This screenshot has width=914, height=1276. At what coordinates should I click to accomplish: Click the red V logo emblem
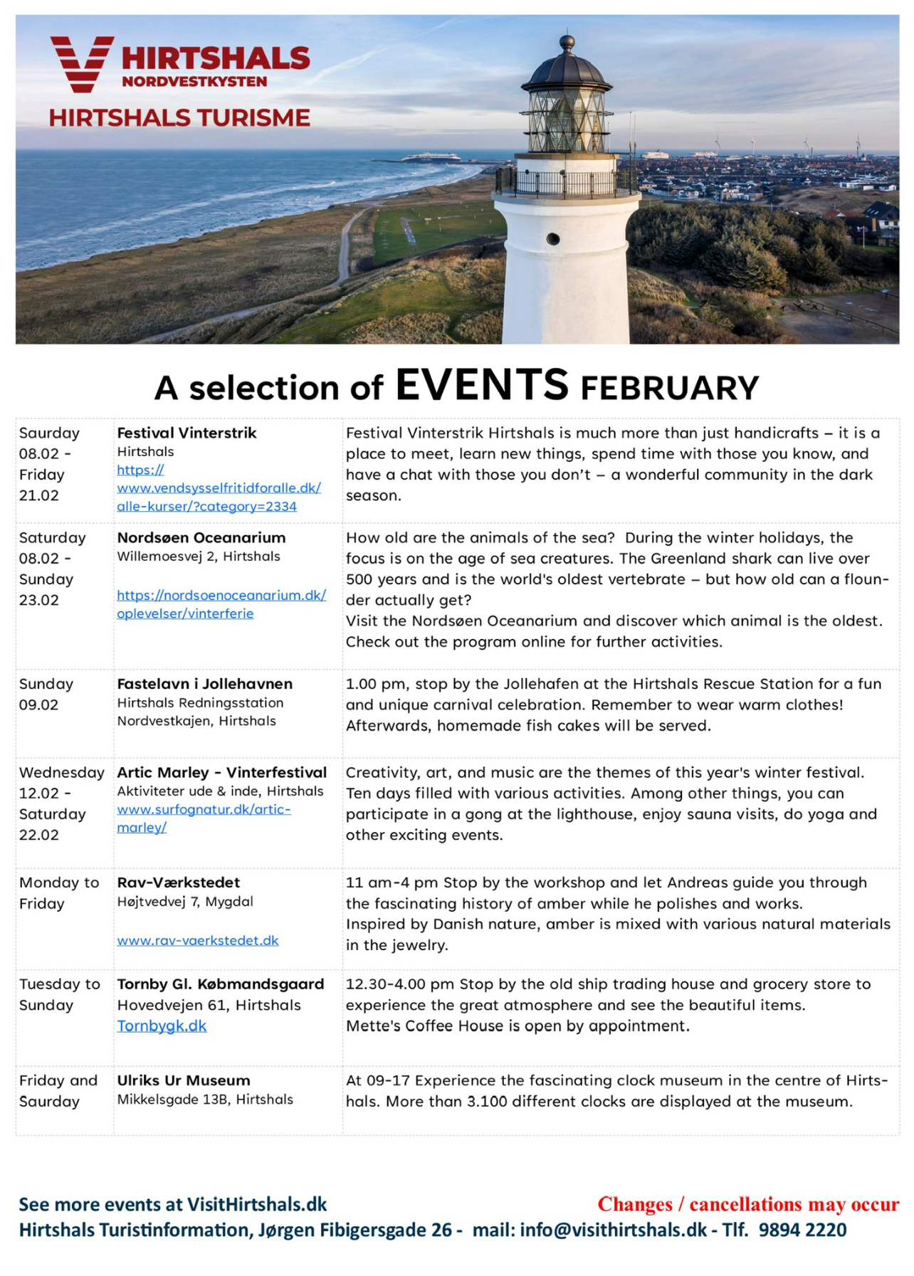click(81, 64)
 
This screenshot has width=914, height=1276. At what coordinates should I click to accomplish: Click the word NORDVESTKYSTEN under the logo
click(194, 82)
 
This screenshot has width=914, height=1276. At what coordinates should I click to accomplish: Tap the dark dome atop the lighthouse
click(567, 68)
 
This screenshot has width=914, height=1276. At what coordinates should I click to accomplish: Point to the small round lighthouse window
click(552, 239)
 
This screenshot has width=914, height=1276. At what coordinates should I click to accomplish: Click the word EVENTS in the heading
click(482, 385)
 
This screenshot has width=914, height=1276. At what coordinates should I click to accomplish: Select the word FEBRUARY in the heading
click(670, 389)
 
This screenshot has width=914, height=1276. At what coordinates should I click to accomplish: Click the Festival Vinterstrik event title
click(187, 433)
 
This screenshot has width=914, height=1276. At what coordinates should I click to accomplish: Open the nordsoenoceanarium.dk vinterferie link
click(221, 604)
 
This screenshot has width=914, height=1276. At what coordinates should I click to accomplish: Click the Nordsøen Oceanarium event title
click(201, 537)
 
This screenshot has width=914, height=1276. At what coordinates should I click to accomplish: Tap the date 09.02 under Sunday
click(39, 705)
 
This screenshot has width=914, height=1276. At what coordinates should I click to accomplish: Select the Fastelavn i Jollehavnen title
click(205, 684)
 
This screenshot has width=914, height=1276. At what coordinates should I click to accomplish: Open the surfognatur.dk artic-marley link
click(204, 818)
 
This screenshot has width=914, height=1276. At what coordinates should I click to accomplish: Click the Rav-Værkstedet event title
click(179, 882)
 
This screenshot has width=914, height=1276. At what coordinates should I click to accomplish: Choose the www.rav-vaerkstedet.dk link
click(198, 941)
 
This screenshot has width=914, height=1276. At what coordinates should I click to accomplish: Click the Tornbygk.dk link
click(162, 1025)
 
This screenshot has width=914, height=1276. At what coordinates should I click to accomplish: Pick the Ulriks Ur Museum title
click(184, 1080)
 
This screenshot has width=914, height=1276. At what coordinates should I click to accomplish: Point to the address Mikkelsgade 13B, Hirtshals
click(205, 1100)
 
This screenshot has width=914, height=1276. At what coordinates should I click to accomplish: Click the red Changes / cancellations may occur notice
click(748, 1204)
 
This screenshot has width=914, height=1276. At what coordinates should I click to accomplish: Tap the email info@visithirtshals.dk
click(613, 1230)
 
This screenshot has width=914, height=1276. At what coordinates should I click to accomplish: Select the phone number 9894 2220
click(802, 1230)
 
